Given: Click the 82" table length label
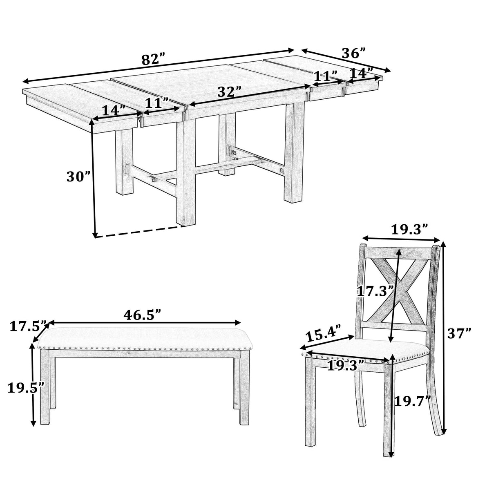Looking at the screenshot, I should tap(153, 60).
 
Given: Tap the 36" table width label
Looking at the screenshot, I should tap(353, 54).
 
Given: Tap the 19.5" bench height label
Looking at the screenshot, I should tap(25, 388).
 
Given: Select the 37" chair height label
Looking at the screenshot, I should tap(459, 334).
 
